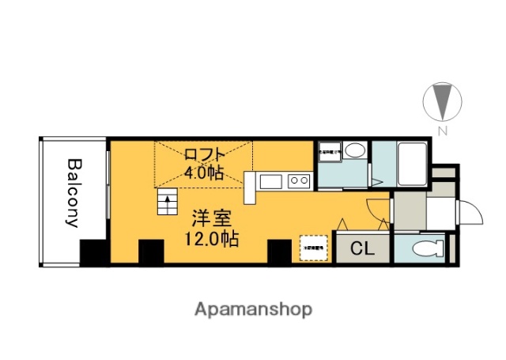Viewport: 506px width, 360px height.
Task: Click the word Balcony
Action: (x=74, y=193)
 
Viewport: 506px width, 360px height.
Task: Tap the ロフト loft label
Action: (x=206, y=154)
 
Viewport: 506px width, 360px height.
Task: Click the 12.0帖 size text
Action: (x=210, y=237)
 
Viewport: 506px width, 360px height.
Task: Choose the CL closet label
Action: (x=361, y=249)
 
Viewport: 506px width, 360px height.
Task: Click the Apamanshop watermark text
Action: (x=253, y=309)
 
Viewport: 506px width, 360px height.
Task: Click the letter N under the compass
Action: (x=444, y=131)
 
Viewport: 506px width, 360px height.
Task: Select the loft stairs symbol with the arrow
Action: (x=168, y=203)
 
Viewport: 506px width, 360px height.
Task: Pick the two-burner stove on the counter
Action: (x=299, y=182)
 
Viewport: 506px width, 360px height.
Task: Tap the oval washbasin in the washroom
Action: (x=355, y=150)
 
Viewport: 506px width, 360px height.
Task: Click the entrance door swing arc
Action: (x=468, y=214)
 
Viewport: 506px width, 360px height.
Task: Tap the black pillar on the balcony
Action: (x=94, y=252)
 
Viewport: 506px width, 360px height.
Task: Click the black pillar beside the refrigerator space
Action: (x=280, y=252)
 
